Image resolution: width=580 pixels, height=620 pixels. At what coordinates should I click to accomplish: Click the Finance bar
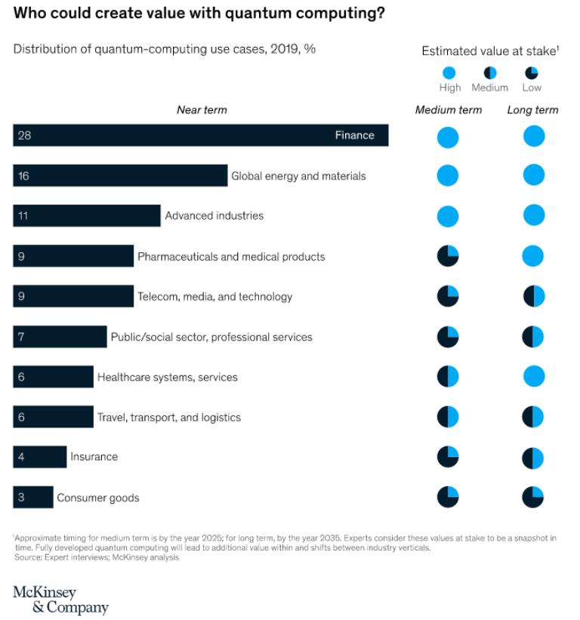click(200, 136)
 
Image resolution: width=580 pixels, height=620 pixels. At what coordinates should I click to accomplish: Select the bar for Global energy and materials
click(120, 176)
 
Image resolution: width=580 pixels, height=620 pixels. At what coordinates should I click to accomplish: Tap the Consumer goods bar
click(32, 498)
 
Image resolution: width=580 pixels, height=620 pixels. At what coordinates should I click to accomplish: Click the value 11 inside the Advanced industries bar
click(23, 216)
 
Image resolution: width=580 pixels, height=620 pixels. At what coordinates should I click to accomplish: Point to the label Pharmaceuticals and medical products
click(231, 257)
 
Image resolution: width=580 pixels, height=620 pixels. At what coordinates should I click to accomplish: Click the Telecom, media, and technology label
click(214, 297)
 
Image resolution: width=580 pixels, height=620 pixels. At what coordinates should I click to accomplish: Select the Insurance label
click(94, 457)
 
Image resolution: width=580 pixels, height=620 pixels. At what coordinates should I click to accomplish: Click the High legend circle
click(449, 73)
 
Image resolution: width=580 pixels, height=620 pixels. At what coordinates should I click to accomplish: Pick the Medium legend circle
click(489, 73)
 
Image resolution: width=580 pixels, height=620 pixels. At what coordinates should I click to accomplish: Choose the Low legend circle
click(532, 73)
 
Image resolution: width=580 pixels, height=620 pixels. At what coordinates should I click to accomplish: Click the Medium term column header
click(448, 110)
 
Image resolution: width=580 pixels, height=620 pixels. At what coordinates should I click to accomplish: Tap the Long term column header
click(532, 110)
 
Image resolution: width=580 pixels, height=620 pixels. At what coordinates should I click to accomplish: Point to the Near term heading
click(202, 110)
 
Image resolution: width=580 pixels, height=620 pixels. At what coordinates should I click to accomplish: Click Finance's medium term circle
click(448, 137)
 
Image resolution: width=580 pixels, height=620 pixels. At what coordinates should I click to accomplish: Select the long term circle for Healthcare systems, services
click(534, 376)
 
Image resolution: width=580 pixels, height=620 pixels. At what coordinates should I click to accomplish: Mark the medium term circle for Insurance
click(448, 457)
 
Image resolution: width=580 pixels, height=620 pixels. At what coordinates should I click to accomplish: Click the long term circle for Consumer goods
click(533, 497)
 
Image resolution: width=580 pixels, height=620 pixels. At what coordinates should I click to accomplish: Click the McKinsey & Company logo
click(60, 600)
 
